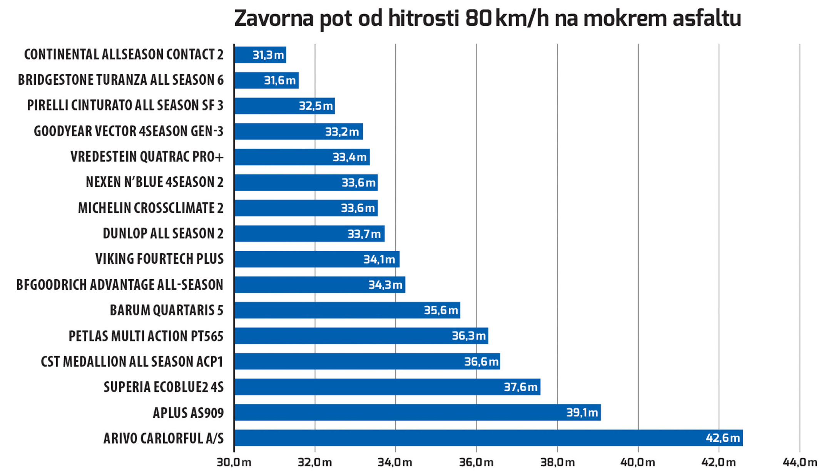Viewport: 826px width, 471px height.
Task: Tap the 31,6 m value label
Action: [279, 80]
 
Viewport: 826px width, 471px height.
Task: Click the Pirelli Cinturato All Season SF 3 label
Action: [125, 106]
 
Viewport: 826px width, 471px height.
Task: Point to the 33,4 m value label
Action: [349, 157]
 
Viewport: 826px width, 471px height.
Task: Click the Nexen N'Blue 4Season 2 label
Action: [154, 182]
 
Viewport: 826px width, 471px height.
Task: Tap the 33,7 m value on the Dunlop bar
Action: [364, 234]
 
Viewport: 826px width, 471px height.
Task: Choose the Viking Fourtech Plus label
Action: [159, 259]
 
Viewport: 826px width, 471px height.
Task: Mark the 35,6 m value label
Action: [441, 310]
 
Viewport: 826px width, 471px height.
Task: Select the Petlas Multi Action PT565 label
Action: [146, 336]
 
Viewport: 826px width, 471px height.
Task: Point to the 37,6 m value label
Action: [520, 387]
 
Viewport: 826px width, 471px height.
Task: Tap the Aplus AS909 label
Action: [188, 413]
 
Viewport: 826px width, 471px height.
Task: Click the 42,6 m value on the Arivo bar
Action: [722, 438]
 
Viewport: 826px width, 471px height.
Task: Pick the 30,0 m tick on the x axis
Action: [234, 462]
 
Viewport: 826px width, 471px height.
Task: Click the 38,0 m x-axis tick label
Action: [557, 462]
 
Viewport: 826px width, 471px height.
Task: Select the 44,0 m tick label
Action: [799, 462]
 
